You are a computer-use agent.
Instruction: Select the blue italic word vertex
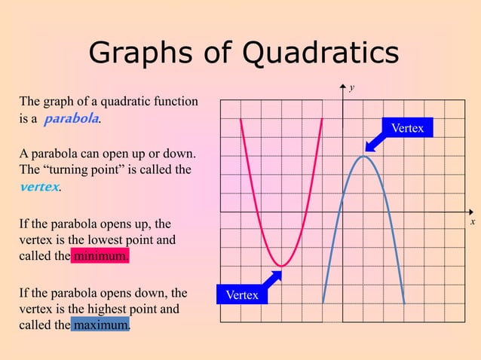(39, 186)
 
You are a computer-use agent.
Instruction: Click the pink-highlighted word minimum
(100, 256)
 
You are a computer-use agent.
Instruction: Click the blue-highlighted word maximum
(101, 325)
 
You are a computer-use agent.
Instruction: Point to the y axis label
(351, 88)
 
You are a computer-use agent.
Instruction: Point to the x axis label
(472, 222)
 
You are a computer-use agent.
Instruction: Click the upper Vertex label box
(407, 129)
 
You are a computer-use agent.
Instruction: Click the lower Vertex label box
(242, 295)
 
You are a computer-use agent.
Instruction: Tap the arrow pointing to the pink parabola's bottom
(271, 279)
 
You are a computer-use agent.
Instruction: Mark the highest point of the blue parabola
(363, 156)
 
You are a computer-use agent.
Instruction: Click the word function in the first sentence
(176, 102)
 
